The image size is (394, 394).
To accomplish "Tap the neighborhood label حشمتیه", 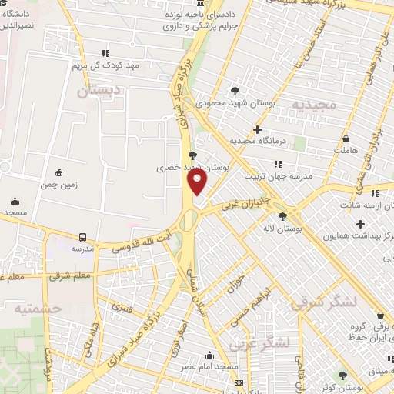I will pos(36,308).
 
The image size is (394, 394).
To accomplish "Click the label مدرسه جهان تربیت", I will pos(278,176).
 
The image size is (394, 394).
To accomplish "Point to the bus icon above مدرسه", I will pos(82,238).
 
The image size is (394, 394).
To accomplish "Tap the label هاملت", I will pos(346,152).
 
